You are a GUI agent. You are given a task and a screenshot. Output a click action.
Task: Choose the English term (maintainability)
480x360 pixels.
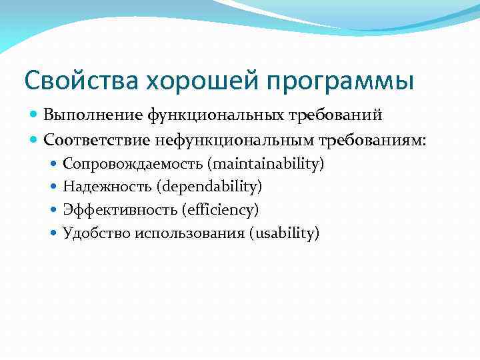tap(264, 163)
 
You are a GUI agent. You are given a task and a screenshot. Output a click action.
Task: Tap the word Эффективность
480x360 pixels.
tap(120, 209)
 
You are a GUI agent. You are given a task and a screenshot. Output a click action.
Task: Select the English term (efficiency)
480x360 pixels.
tap(220, 209)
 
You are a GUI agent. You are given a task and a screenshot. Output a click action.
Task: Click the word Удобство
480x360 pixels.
tap(96, 233)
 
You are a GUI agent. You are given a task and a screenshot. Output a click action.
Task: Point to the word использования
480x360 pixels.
tap(191, 233)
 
